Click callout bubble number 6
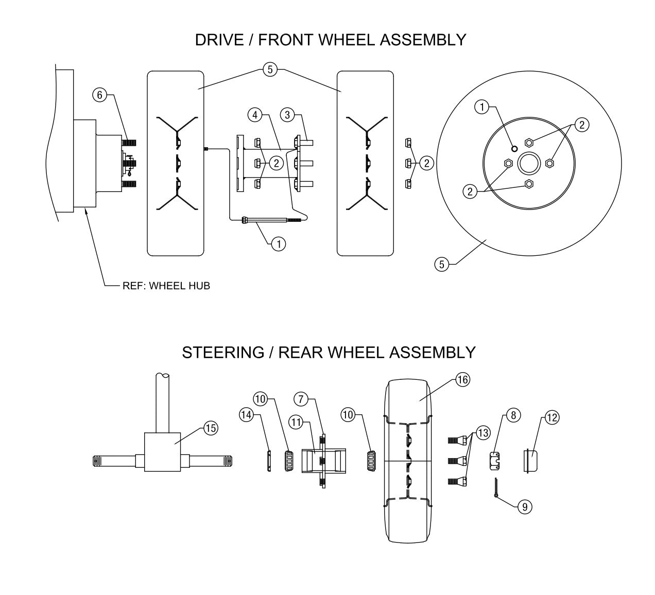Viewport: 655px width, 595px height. click(100, 95)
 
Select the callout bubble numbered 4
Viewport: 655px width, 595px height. click(254, 114)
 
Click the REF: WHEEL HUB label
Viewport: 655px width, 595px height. click(166, 286)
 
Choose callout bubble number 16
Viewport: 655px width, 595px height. click(462, 380)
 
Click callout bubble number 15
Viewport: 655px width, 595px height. click(211, 428)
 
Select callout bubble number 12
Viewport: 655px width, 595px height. click(551, 417)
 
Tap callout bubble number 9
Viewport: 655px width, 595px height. click(524, 506)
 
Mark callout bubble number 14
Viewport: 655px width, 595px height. click(247, 415)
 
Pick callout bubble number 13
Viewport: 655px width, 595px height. click(482, 433)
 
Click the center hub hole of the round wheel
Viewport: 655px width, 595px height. click(528, 164)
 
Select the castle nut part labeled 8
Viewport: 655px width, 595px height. click(495, 460)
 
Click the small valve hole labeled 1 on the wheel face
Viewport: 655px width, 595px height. click(514, 148)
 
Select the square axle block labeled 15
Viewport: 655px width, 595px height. click(162, 451)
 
